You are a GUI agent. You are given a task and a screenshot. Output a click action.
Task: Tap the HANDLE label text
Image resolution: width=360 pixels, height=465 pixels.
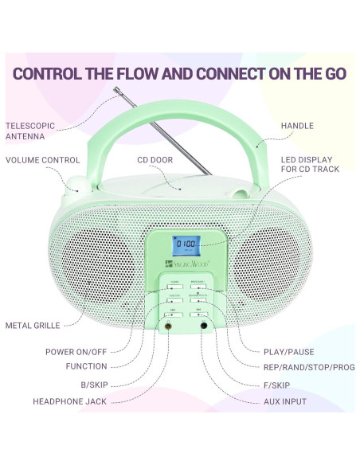click(297, 126)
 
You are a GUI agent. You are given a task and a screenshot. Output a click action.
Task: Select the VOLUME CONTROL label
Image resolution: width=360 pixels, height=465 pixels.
click(43, 160)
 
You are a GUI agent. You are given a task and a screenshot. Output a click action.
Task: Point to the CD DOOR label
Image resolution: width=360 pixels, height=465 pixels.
click(155, 160)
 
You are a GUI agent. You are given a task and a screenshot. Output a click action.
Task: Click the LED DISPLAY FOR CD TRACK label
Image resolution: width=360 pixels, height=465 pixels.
click(309, 165)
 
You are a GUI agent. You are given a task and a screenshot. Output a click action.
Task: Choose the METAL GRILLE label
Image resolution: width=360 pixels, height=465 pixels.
click(33, 326)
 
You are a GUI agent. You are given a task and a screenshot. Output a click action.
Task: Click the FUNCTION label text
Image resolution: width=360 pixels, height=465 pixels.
click(87, 367)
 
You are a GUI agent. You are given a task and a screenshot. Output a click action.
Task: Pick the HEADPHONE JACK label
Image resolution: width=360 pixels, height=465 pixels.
click(69, 401)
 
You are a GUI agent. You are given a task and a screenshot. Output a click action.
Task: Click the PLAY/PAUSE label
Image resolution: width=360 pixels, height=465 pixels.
click(288, 352)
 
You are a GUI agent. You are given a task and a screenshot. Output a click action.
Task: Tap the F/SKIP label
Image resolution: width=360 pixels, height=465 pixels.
click(280, 385)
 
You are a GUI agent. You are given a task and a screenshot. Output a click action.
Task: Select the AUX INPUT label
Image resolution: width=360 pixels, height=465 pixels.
click(284, 401)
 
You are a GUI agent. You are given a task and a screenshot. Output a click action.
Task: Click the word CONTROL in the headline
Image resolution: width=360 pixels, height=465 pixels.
click(51, 74)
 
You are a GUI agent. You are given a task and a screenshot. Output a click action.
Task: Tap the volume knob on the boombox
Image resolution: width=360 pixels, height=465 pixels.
click(76, 185)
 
